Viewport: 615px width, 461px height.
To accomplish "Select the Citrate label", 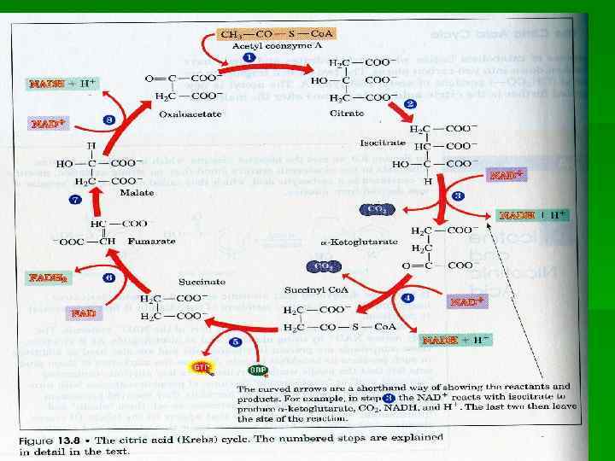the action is tap(347, 114).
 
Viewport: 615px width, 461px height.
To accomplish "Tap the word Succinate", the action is tap(202, 281).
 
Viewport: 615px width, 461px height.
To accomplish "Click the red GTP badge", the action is tap(202, 368).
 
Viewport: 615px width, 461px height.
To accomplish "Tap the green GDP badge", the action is tap(257, 371).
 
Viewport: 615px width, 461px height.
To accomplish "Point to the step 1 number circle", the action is tap(249, 57).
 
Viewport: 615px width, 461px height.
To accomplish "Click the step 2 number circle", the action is tap(410, 104).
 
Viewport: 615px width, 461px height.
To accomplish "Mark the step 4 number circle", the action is tap(408, 298).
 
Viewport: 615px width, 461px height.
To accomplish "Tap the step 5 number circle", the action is tap(237, 341).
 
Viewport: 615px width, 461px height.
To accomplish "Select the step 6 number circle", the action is tap(109, 278).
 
